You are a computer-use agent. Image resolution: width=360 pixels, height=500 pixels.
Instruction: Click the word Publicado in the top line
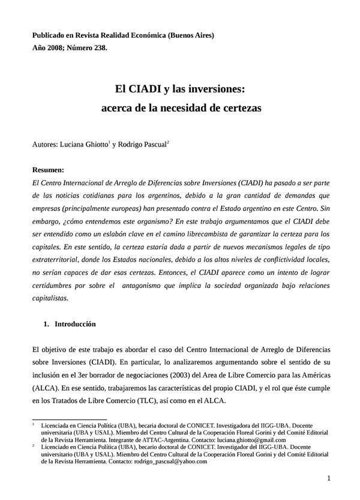[50, 35]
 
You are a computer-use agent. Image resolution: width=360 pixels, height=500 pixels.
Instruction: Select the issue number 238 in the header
[100, 49]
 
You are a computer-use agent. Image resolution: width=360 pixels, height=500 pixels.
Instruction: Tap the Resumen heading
[48, 170]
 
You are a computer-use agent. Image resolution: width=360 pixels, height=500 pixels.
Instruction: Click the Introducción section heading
[75, 324]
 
